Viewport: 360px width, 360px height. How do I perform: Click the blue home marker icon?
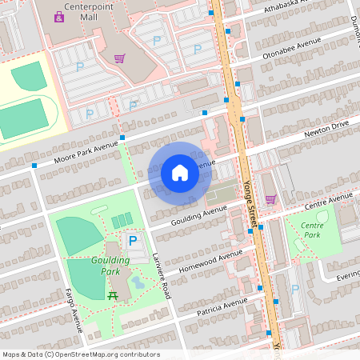[x=179, y=173]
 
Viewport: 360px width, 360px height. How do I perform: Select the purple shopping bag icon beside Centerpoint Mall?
[x=58, y=16]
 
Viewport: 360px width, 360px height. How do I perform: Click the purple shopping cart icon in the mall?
[x=119, y=58]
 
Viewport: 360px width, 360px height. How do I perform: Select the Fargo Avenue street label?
[x=74, y=310]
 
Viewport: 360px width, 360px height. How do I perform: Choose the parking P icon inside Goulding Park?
[x=133, y=240]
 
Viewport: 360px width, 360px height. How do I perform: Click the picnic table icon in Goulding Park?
[x=113, y=296]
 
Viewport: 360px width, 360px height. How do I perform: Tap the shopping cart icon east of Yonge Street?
[x=270, y=199]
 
